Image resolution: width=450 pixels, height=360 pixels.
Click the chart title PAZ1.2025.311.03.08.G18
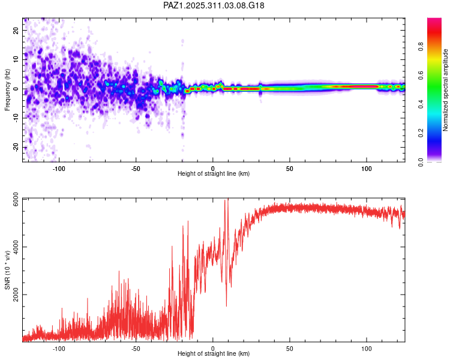[x=214, y=5]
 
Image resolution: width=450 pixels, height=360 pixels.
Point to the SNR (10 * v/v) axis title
[x=7, y=270]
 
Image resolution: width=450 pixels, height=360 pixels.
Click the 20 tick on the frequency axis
[x=16, y=30]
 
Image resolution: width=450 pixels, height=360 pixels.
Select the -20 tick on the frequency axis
[x=15, y=148]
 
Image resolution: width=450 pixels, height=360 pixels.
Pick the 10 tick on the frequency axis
[x=16, y=59]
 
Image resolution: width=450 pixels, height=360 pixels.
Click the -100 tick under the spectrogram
[x=59, y=168]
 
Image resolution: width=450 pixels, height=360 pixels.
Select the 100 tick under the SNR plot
[x=367, y=348]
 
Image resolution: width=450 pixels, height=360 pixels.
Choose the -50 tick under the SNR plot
[x=136, y=348]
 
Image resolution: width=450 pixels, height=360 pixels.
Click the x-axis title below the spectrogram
[x=214, y=174]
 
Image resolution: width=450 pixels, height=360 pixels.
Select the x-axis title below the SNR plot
[x=214, y=354]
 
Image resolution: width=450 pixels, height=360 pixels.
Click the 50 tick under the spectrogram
[x=290, y=168]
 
